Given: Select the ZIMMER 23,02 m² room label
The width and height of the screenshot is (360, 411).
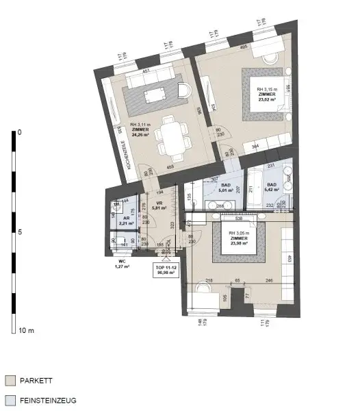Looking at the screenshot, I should (266, 94).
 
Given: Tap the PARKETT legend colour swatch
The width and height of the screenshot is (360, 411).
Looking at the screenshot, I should (10, 380).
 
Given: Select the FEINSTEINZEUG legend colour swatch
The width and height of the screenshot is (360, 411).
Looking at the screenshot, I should (10, 402).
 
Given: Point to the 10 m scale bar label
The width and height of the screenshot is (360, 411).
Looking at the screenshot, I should (26, 330).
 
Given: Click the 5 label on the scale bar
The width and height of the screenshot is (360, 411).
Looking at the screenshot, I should (19, 232).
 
